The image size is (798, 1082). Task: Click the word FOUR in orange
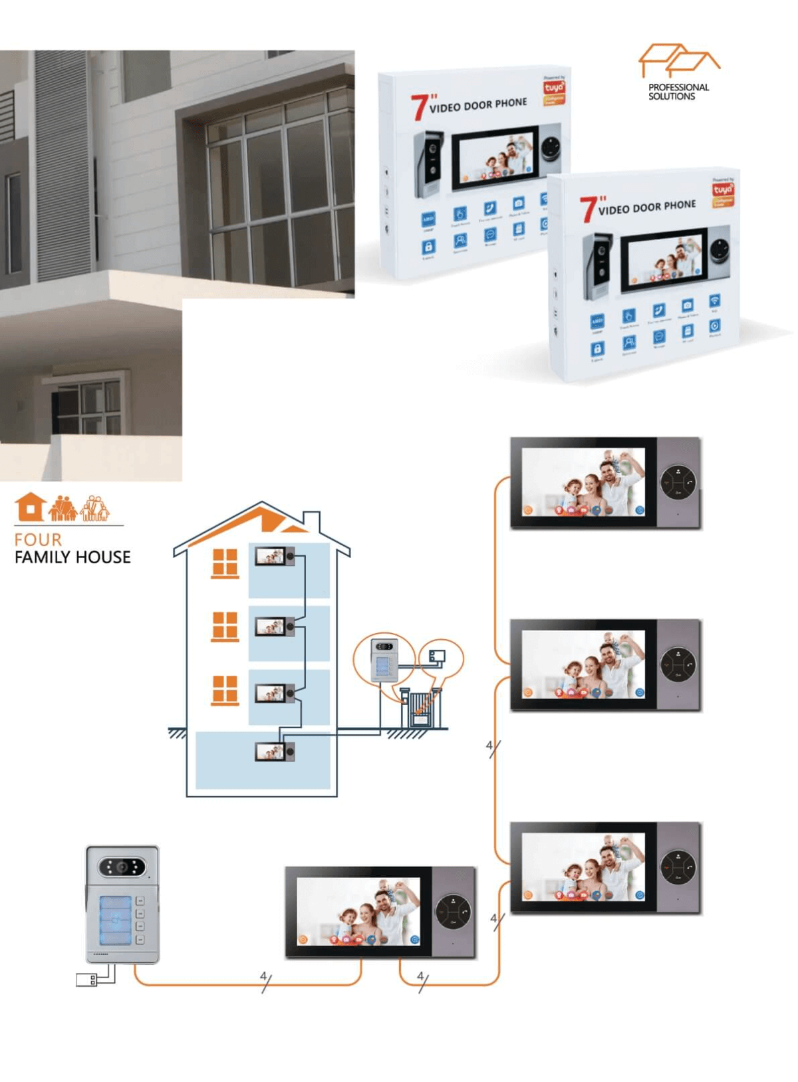tap(38, 539)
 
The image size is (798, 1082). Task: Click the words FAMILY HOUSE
tap(72, 557)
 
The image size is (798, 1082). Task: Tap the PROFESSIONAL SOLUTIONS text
tap(678, 92)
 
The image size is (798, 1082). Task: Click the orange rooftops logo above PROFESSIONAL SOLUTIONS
tap(678, 61)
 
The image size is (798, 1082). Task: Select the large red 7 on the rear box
tap(419, 108)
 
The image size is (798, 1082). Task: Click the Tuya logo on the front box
tap(722, 190)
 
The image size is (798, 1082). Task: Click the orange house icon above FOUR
tap(30, 507)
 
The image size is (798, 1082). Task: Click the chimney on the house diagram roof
tap(311, 520)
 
